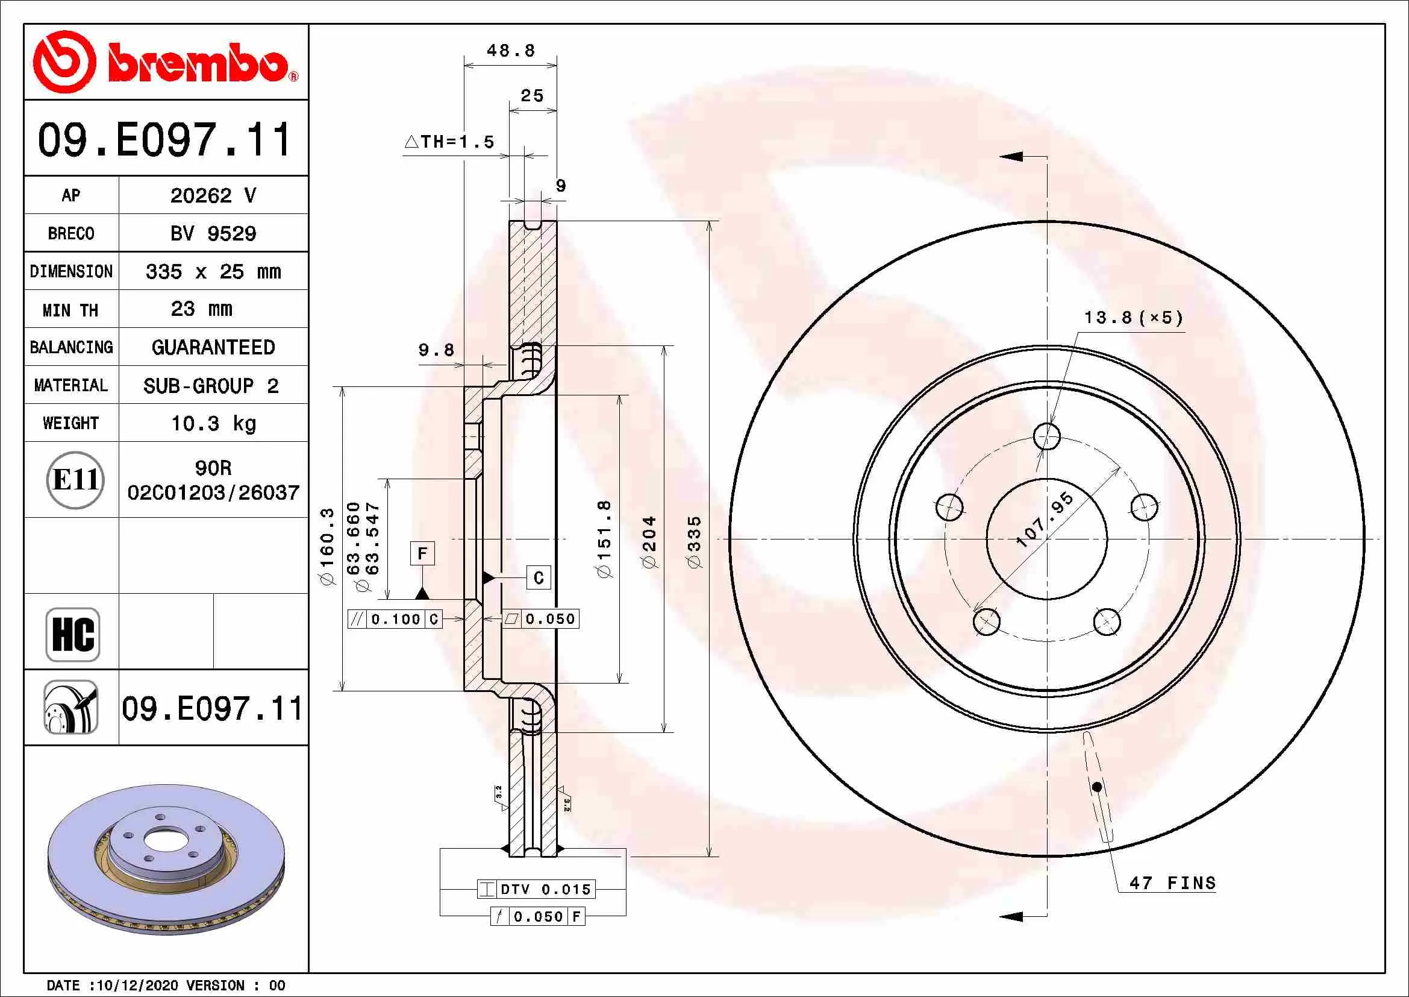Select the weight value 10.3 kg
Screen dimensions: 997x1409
pyautogui.click(x=213, y=423)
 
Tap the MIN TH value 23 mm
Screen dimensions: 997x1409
pyautogui.click(x=201, y=309)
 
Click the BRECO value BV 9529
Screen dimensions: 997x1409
pyautogui.click(x=213, y=233)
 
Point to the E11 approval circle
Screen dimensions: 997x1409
pyautogui.click(x=75, y=479)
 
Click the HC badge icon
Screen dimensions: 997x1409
pyautogui.click(x=72, y=634)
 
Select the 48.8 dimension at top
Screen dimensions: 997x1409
pyautogui.click(x=511, y=51)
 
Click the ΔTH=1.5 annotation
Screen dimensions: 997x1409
pyautogui.click(x=450, y=142)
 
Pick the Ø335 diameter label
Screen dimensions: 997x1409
pyautogui.click(x=694, y=541)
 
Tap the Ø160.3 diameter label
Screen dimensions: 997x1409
pyautogui.click(x=327, y=546)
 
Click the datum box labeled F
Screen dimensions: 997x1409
pyautogui.click(x=422, y=553)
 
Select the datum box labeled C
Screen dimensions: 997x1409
pyautogui.click(x=538, y=577)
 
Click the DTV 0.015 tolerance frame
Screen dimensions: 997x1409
pyautogui.click(x=536, y=889)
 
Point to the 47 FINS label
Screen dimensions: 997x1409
pyautogui.click(x=1172, y=883)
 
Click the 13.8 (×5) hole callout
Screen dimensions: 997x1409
pyautogui.click(x=1133, y=318)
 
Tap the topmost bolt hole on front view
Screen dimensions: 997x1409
pyautogui.click(x=1046, y=436)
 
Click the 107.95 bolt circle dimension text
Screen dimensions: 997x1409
pyautogui.click(x=1045, y=520)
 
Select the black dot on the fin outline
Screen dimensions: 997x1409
pyautogui.click(x=1096, y=787)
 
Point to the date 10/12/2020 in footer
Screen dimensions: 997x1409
pyautogui.click(x=138, y=986)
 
